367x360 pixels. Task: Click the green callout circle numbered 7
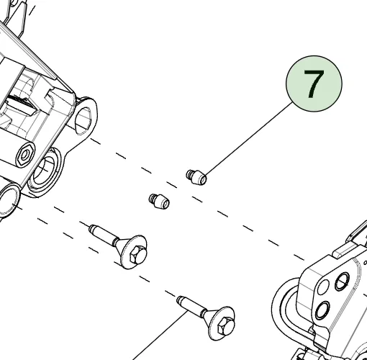[x=314, y=84]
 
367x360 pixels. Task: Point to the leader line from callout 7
[x=248, y=139]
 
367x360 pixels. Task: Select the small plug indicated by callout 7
[x=196, y=177]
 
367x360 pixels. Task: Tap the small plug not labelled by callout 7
[x=159, y=201]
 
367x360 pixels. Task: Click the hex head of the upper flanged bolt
[x=137, y=254]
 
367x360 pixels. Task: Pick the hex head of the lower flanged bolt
[x=225, y=325]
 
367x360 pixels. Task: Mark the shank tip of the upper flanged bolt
[x=91, y=228]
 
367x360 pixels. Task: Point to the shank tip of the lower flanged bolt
[x=179, y=300]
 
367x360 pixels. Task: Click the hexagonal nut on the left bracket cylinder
[x=25, y=154]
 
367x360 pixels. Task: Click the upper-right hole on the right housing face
[x=342, y=282]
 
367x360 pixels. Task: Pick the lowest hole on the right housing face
[x=322, y=310]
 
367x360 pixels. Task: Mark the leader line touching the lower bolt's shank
[x=160, y=336]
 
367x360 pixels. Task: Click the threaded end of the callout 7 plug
[x=189, y=174]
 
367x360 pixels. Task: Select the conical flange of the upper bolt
[x=131, y=251]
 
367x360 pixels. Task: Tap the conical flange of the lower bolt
[x=219, y=323]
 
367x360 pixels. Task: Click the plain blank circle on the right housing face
[x=323, y=287]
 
